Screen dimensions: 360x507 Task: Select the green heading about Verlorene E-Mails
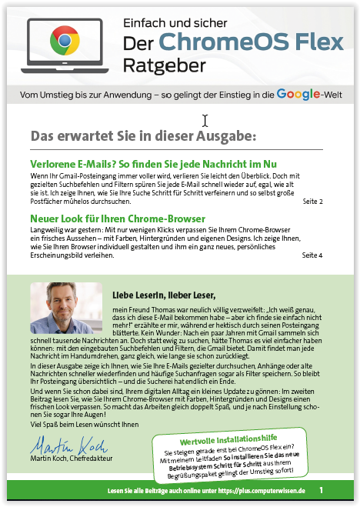(x=153, y=165)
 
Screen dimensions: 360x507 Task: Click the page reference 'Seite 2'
(x=312, y=202)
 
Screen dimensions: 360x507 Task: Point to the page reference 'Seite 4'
(x=312, y=255)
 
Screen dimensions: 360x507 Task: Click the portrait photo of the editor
(x=60, y=309)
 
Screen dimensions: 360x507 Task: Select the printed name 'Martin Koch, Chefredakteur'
(x=70, y=459)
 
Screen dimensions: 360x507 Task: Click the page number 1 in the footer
(x=321, y=489)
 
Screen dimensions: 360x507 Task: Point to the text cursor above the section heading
(x=205, y=120)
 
